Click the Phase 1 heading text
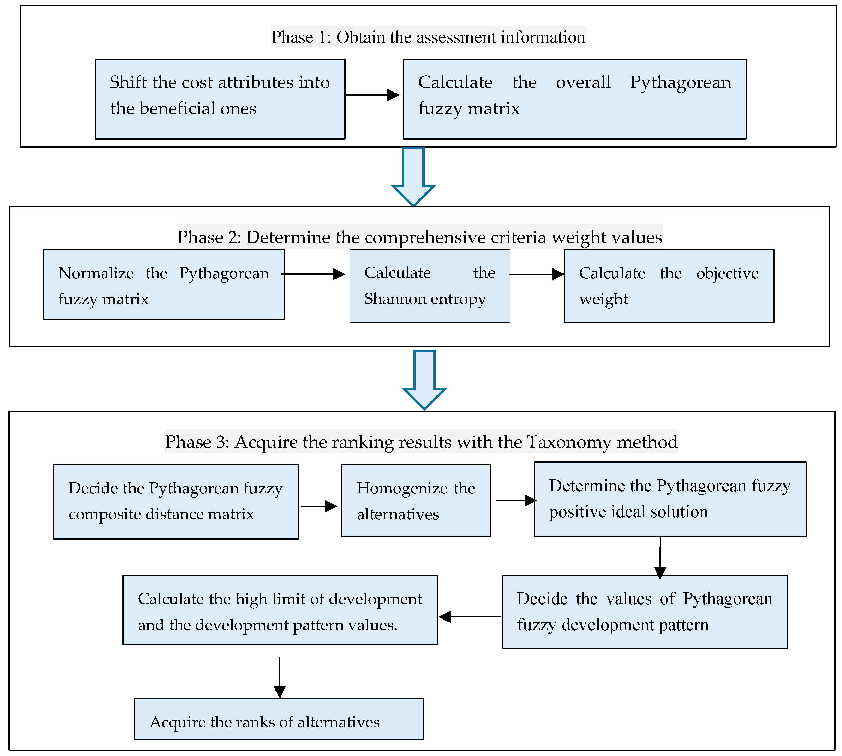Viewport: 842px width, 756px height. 428,37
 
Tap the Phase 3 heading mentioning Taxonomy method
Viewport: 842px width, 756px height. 421,442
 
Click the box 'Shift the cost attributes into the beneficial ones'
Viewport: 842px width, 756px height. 220,99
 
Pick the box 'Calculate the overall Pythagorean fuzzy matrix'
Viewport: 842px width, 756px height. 575,99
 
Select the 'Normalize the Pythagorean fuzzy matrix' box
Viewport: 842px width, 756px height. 164,284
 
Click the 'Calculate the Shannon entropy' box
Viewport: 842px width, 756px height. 430,286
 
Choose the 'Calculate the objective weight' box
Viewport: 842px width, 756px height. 669,286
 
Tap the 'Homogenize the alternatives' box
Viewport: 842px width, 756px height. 416,500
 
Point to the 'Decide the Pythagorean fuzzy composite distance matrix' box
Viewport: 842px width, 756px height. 176,501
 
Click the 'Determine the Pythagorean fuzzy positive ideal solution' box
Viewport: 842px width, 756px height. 670,499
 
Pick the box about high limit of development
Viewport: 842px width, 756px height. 280,609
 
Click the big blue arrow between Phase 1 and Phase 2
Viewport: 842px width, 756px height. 413,177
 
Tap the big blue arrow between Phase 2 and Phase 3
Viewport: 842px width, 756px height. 424,380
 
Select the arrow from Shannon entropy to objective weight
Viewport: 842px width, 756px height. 537,274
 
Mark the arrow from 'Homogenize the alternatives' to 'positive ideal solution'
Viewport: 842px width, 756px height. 516,500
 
